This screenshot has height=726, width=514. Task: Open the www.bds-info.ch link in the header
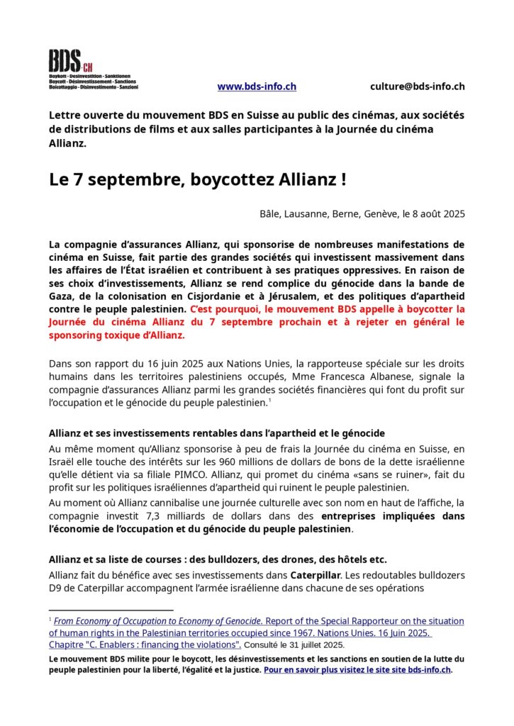257,86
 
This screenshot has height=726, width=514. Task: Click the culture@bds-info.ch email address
417,86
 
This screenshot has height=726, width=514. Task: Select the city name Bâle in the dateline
269,214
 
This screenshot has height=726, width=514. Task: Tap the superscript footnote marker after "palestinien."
270,401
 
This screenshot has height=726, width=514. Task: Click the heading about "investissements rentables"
216,432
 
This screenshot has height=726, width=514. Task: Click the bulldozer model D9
56,588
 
